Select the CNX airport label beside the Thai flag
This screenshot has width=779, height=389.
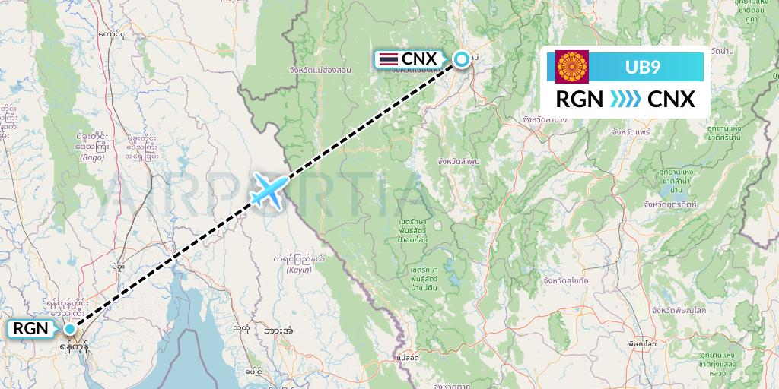tap(418, 59)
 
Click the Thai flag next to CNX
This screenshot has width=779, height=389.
tap(388, 59)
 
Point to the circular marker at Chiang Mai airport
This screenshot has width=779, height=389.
tap(461, 59)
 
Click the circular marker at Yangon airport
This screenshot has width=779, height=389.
tap(70, 329)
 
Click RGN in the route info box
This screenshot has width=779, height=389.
tap(580, 100)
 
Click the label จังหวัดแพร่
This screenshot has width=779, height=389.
tap(634, 132)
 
